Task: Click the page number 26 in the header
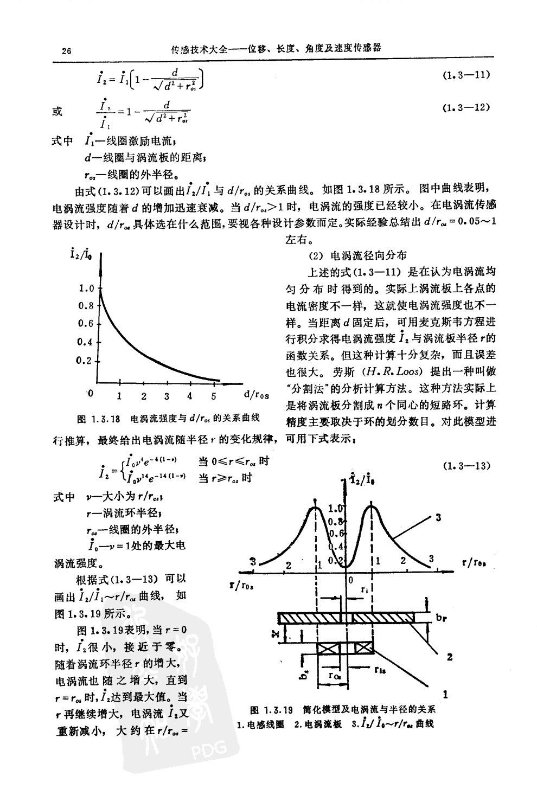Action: (x=67, y=52)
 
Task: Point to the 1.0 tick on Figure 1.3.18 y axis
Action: (x=86, y=288)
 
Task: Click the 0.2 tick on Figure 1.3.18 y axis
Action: (x=86, y=360)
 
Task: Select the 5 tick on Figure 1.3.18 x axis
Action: (x=213, y=396)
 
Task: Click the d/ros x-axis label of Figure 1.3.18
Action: (x=257, y=395)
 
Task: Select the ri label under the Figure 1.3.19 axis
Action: (x=365, y=588)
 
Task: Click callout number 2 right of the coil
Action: (x=449, y=657)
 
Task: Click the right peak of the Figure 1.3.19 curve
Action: (x=372, y=506)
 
